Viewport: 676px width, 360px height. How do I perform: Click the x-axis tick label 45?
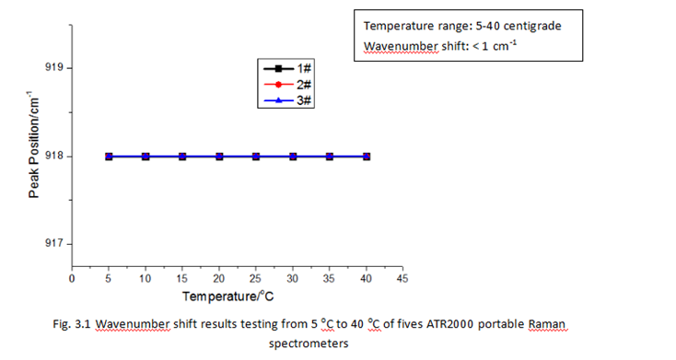(x=402, y=276)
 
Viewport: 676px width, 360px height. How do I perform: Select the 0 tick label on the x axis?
(x=72, y=276)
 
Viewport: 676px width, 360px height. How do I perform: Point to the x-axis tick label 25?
(x=256, y=276)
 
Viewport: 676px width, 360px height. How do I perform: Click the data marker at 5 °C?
(x=109, y=157)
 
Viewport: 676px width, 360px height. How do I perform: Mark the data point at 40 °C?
(x=367, y=157)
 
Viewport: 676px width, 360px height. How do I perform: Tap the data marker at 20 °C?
(x=219, y=157)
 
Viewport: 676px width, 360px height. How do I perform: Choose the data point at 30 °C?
(x=293, y=157)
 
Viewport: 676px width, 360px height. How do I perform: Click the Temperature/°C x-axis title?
(x=227, y=296)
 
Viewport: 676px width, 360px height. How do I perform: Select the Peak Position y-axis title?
(x=33, y=146)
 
